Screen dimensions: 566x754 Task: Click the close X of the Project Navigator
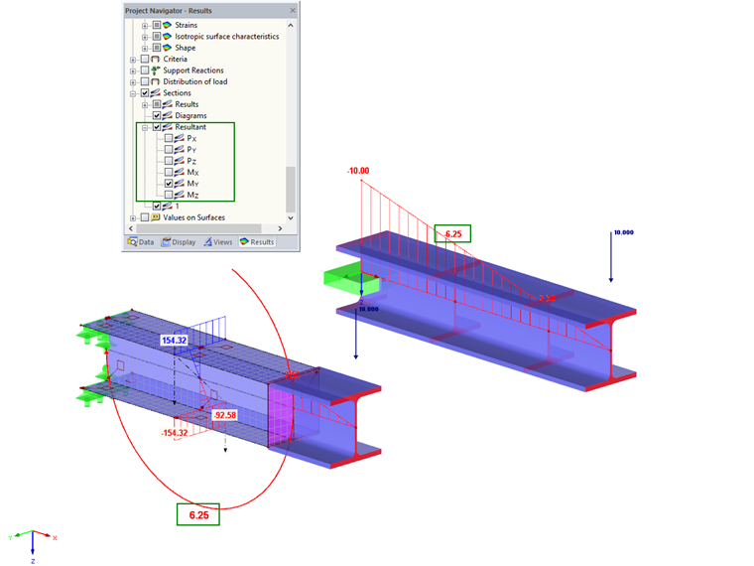293,10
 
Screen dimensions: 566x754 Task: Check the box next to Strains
157,24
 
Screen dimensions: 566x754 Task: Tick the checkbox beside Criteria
145,59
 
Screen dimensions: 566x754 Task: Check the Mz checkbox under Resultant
169,195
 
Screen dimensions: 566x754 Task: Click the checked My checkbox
169,184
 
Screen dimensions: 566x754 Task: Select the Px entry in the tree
191,138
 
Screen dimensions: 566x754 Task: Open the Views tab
221,241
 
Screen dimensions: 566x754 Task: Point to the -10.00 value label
358,171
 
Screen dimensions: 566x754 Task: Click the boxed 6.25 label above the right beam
453,234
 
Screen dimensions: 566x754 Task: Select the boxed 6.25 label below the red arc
198,515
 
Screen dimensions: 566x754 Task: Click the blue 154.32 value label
175,341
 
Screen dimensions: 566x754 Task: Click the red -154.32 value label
175,433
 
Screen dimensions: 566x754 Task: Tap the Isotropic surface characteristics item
219,36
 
